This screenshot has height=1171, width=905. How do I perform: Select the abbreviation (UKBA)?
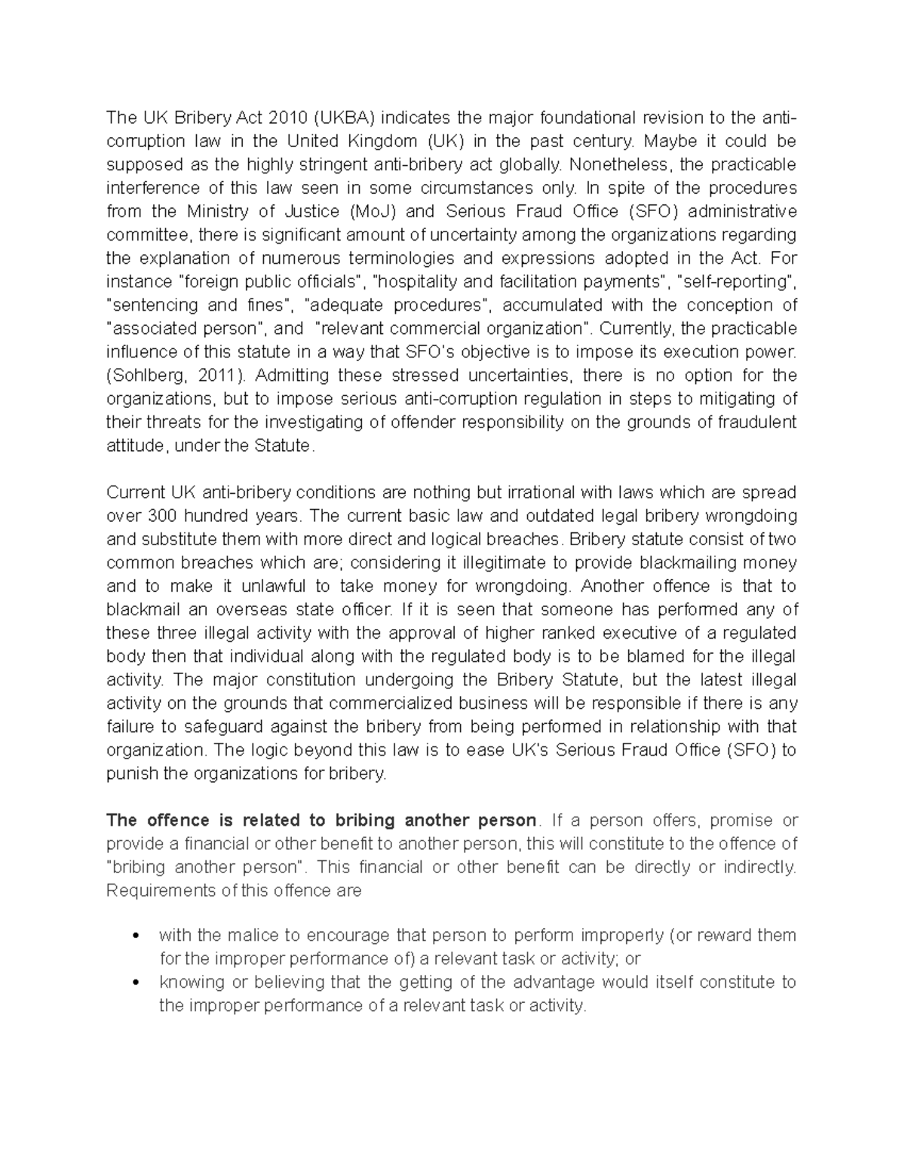point(343,118)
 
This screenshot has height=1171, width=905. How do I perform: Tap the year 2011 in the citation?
point(224,376)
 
